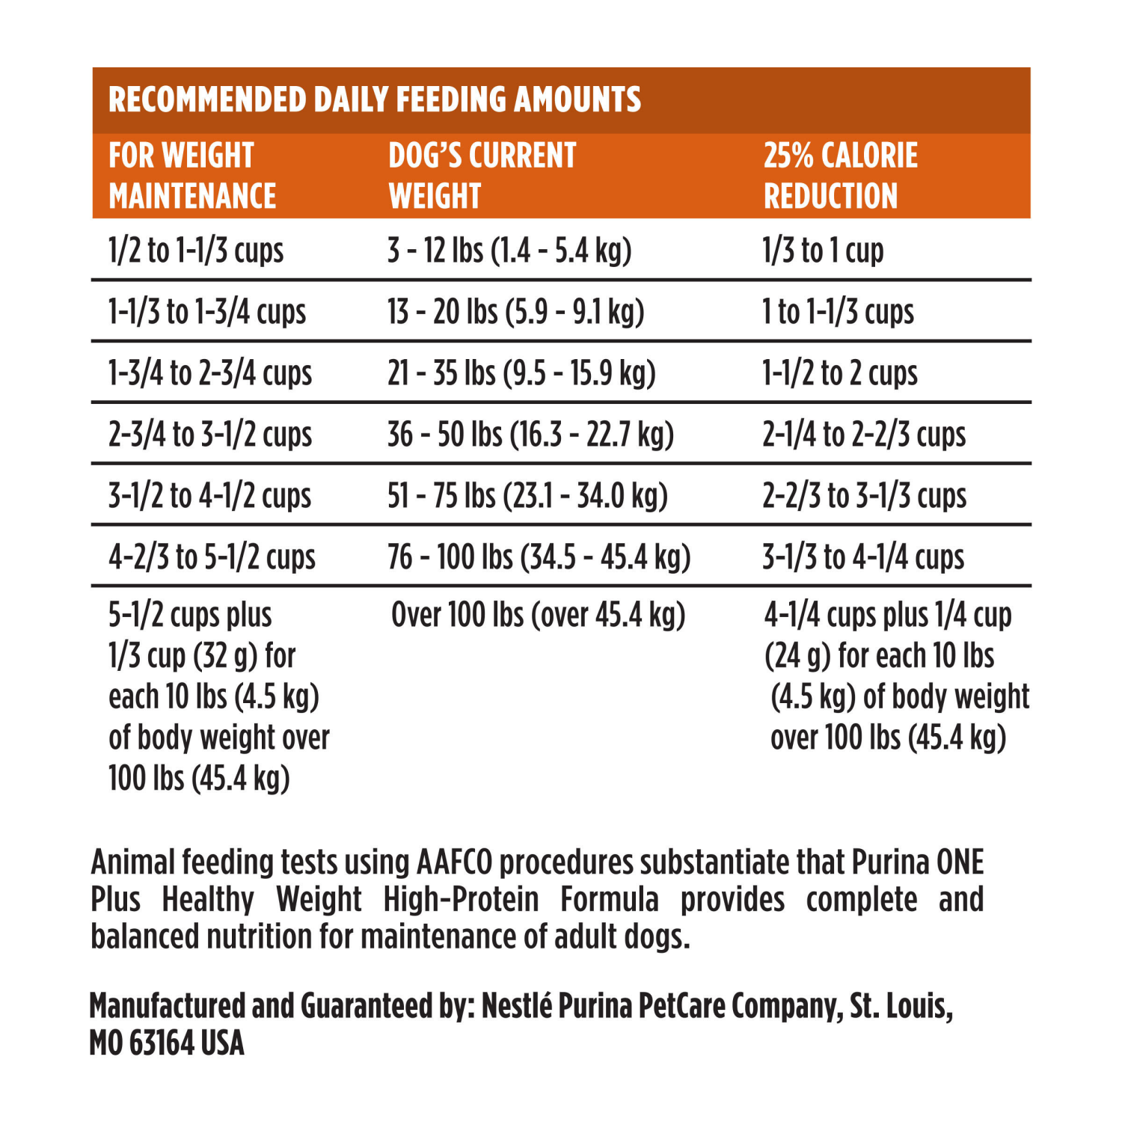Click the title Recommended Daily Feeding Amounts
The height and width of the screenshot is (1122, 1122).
point(375,99)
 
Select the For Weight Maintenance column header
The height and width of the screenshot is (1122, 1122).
point(192,176)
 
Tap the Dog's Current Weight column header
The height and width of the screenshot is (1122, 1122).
point(482,176)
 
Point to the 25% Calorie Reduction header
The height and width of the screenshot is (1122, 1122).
point(840,176)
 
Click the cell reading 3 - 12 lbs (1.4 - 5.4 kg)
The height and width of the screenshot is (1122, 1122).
point(509,251)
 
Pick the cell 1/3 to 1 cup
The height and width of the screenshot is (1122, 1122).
point(823,251)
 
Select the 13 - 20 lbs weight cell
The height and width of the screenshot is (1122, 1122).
point(515,312)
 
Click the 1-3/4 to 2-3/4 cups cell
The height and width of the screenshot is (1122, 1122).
point(210,373)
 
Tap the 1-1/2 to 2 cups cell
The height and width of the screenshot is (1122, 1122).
point(839,373)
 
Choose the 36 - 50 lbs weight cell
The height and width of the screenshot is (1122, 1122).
point(530,435)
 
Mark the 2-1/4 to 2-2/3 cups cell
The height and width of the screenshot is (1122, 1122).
point(864,435)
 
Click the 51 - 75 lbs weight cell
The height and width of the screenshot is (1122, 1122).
point(527,496)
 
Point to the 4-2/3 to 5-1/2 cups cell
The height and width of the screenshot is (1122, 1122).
point(212,557)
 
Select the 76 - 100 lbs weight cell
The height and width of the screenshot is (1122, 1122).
point(539,557)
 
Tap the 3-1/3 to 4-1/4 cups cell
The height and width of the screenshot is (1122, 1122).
point(863,557)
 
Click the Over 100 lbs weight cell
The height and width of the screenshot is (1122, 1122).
point(538,615)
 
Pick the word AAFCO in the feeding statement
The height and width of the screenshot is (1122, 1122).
point(454,862)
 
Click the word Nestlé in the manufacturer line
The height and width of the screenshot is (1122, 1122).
point(516,1006)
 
